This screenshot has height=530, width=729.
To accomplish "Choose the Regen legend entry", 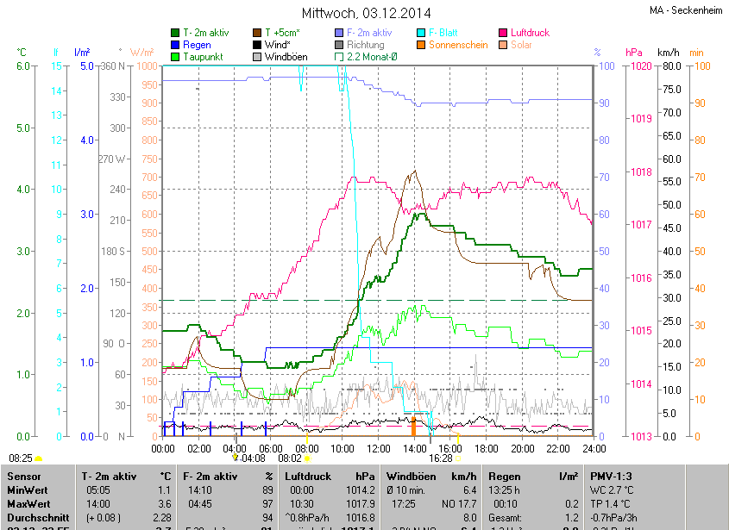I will pyautogui.click(x=197, y=45).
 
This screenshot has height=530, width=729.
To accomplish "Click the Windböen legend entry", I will pyautogui.click(x=286, y=57).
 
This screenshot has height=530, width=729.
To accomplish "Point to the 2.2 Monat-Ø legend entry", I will pyautogui.click(x=370, y=57).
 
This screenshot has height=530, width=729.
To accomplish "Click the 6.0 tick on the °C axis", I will pyautogui.click(x=23, y=66).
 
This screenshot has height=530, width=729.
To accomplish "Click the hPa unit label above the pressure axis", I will pyautogui.click(x=634, y=53).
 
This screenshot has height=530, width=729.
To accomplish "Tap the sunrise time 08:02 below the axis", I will pyautogui.click(x=289, y=459).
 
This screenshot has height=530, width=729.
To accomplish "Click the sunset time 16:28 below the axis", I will pyautogui.click(x=439, y=459).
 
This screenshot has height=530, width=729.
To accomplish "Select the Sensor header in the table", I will pyautogui.click(x=22, y=476).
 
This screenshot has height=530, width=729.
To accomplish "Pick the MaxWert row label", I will pyautogui.click(x=28, y=503).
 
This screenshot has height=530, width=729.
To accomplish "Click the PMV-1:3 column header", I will pyautogui.click(x=612, y=476).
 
